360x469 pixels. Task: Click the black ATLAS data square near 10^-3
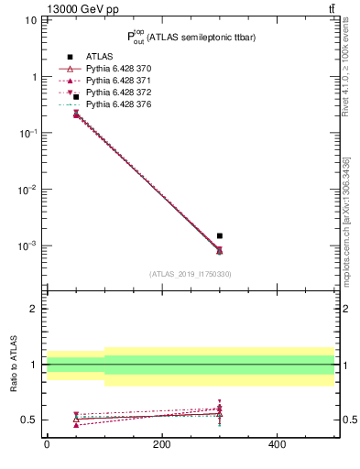tap(219, 235)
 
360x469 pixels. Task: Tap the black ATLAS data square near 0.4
tap(76, 97)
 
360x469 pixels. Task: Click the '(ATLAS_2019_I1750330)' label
tap(191, 274)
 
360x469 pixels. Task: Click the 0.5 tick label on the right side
tap(347, 420)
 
